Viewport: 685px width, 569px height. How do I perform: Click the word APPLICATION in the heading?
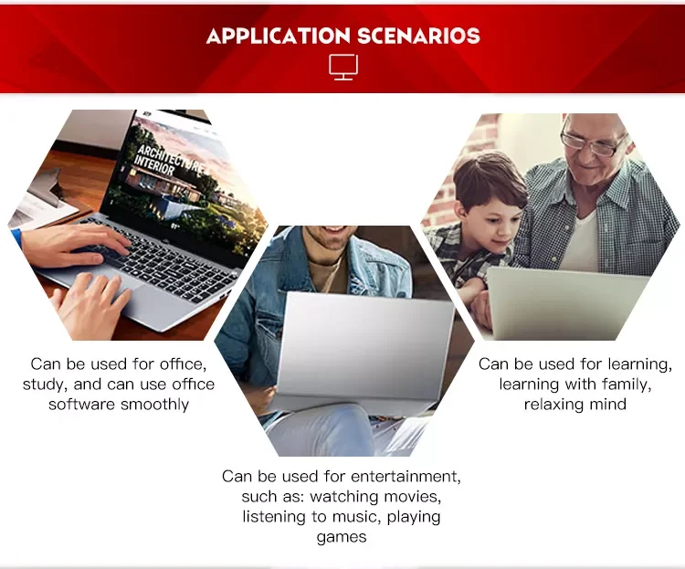(x=278, y=36)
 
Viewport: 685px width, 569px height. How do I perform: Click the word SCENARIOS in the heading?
(x=418, y=36)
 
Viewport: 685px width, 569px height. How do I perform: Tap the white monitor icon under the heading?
(x=343, y=68)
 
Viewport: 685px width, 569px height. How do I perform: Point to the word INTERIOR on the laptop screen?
(x=153, y=164)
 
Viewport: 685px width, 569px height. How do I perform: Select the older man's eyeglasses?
(x=593, y=142)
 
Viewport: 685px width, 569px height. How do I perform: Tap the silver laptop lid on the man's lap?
(x=364, y=345)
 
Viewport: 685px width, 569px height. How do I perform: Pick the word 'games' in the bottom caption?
(x=342, y=538)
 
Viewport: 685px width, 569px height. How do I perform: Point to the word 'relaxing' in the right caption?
(x=553, y=405)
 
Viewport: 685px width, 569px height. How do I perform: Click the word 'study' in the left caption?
(x=45, y=385)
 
